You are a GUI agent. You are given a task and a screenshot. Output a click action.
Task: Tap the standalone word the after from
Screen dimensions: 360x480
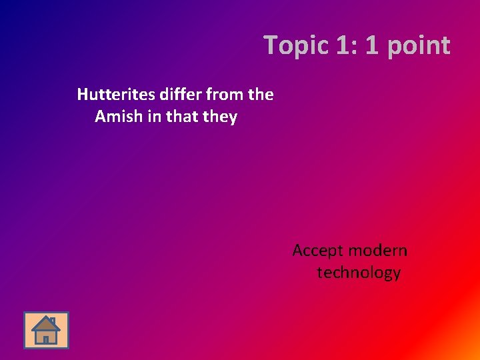pyautogui.click(x=260, y=95)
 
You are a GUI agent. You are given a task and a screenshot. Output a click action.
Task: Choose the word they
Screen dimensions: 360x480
pyautogui.click(x=221, y=117)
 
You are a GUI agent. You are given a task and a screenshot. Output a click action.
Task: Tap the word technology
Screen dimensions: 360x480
pyautogui.click(x=359, y=273)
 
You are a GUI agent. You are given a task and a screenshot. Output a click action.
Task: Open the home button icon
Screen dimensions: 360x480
pyautogui.click(x=46, y=330)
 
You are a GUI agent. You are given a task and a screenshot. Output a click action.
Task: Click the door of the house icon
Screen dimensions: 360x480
pyautogui.click(x=45, y=338)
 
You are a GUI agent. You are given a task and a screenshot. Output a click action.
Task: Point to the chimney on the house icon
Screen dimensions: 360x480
pyautogui.click(x=53, y=321)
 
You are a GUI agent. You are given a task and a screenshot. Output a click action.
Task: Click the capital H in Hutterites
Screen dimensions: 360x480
pyautogui.click(x=82, y=95)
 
